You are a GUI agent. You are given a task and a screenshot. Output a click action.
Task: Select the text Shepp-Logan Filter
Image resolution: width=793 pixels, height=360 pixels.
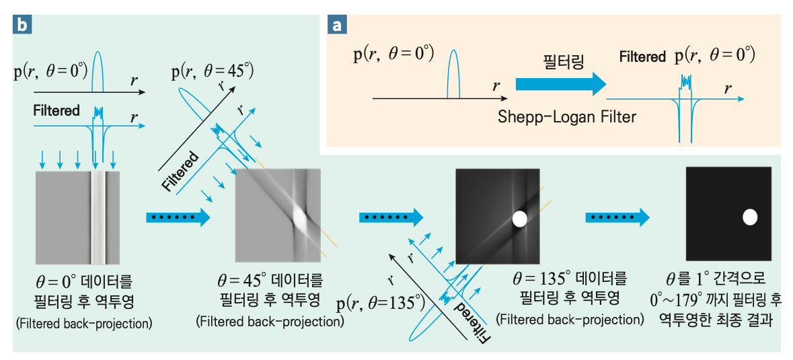567,117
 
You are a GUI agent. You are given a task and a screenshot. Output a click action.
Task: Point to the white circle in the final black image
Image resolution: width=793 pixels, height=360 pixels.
750,217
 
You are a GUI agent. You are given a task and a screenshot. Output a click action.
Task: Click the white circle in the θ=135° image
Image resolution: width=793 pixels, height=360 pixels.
520,219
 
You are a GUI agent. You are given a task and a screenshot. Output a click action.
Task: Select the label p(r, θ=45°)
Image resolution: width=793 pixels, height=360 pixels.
213,71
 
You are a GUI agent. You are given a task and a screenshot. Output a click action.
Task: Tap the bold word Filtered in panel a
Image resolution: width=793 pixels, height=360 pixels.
642,57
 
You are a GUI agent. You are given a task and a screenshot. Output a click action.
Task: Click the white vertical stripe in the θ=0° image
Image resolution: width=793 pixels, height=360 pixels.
98,217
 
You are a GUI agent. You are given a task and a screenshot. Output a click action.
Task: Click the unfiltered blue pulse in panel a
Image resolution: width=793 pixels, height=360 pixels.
454,74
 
